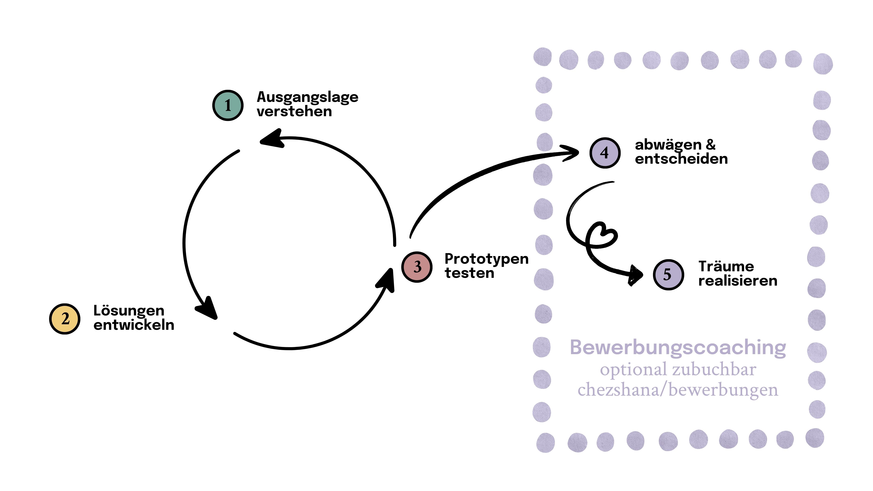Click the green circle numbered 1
click(228, 105)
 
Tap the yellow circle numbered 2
click(65, 319)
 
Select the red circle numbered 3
click(417, 267)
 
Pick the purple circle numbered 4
click(605, 153)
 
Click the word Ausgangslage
click(307, 97)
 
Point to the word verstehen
click(294, 111)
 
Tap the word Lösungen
click(129, 311)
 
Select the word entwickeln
click(134, 325)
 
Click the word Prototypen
click(486, 259)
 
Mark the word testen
click(469, 273)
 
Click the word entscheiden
click(681, 159)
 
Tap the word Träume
click(726, 267)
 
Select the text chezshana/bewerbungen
click(678, 390)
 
